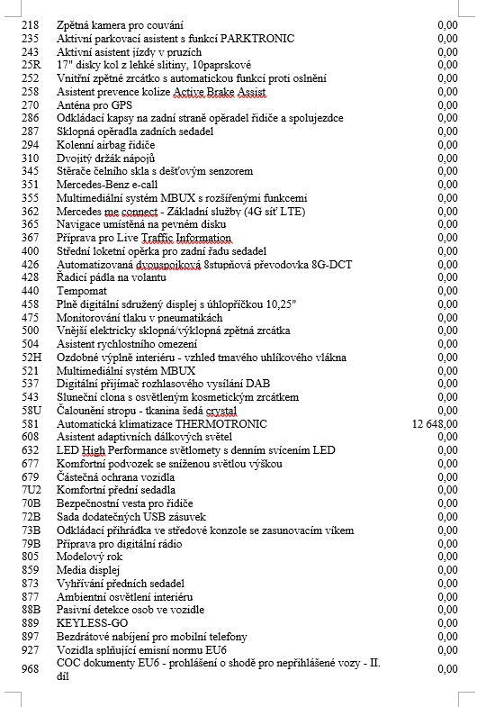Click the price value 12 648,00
point(434,423)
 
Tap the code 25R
point(31,65)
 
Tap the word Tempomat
point(83,290)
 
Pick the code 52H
point(31,357)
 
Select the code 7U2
point(31,490)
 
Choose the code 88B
point(31,609)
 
